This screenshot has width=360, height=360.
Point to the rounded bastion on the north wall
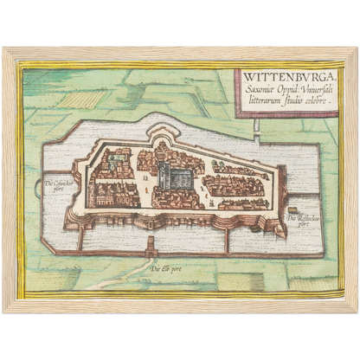point(164,133)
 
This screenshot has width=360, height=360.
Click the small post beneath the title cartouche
point(257,126)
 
